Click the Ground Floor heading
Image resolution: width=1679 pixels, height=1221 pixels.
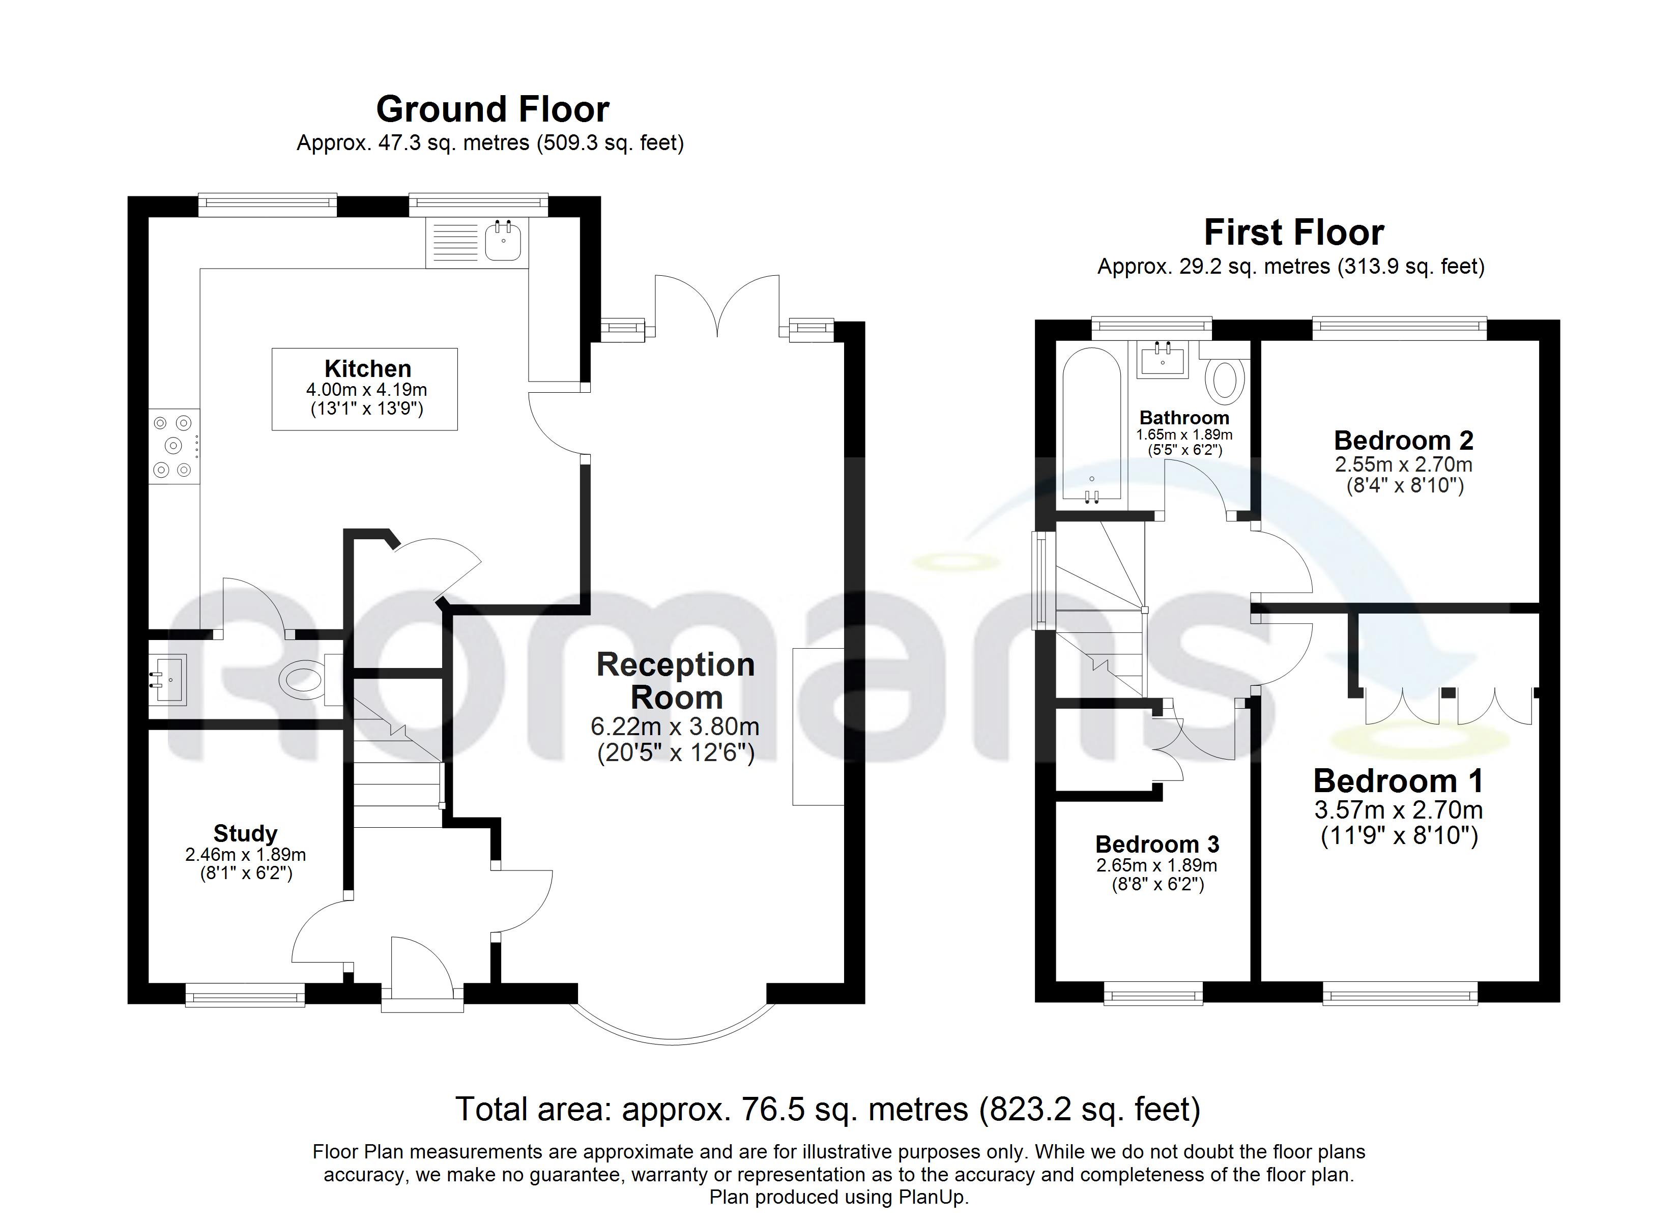point(493,109)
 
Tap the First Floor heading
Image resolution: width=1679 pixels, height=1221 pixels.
point(1294,232)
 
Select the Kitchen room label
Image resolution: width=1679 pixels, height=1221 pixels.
point(368,369)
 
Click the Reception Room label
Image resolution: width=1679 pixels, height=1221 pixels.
point(676,681)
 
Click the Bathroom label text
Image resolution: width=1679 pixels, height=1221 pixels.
point(1184,418)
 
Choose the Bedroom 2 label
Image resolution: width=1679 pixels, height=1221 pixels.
point(1404,441)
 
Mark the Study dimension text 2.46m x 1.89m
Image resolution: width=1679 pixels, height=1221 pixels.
point(245,855)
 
